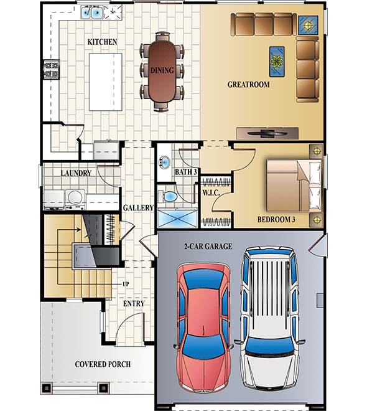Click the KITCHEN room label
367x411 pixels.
pyautogui.click(x=102, y=42)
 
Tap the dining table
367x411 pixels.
pyautogui.click(x=162, y=70)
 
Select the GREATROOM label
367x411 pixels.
pyautogui.click(x=248, y=84)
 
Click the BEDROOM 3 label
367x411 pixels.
pyautogui.click(x=276, y=220)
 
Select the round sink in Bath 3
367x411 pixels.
pyautogui.click(x=164, y=162)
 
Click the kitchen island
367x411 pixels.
pyautogui.click(x=106, y=80)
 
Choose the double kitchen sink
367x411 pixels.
pyautogui.click(x=95, y=12)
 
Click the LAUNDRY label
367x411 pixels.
pyautogui.click(x=77, y=173)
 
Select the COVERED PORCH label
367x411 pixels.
pyautogui.click(x=103, y=364)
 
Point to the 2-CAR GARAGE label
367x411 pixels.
pyautogui.click(x=208, y=247)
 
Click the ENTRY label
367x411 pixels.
pyautogui.click(x=134, y=304)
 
